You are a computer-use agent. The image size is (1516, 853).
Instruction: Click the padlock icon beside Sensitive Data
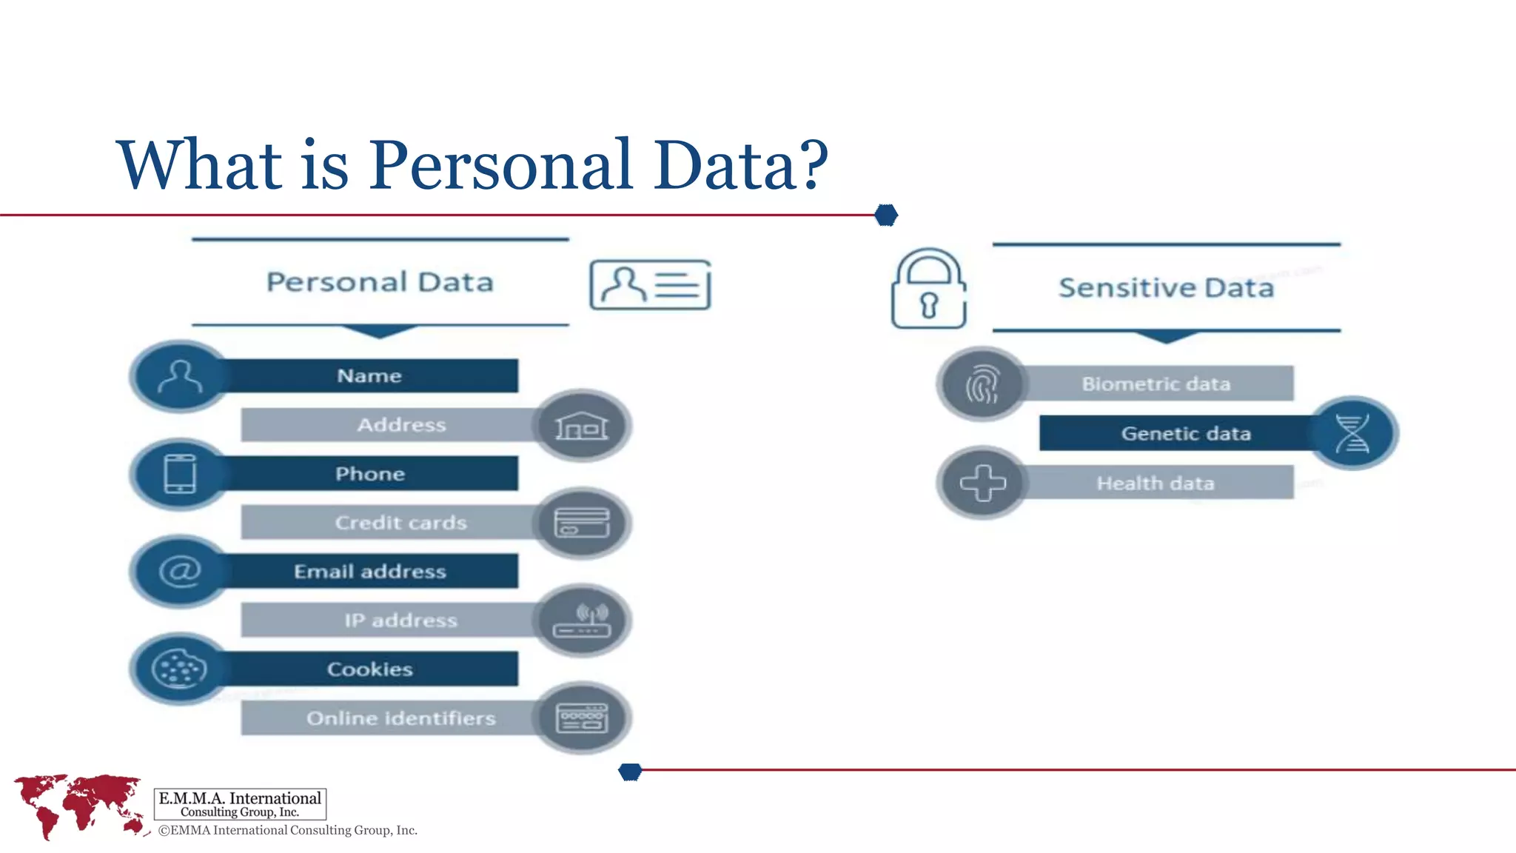(x=928, y=290)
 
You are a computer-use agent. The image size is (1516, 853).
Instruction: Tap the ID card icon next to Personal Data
(x=650, y=285)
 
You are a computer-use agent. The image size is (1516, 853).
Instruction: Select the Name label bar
(x=370, y=376)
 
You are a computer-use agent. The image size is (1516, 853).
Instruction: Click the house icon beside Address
(x=582, y=426)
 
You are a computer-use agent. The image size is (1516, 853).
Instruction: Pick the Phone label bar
(x=370, y=474)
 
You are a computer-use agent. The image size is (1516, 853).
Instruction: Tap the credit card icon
(x=582, y=523)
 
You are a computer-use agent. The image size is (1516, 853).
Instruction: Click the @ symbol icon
(x=180, y=572)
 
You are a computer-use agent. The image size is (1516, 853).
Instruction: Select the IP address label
(x=400, y=620)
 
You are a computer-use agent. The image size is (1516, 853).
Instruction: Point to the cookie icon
(x=179, y=669)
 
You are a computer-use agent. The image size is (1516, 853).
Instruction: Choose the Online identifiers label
(x=400, y=718)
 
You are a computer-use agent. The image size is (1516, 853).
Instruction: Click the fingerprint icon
(x=982, y=384)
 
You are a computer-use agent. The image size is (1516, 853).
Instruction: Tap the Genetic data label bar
(x=1184, y=434)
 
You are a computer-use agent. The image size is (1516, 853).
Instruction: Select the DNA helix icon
(x=1352, y=433)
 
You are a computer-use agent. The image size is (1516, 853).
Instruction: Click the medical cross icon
(x=982, y=483)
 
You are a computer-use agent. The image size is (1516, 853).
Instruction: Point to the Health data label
(x=1156, y=484)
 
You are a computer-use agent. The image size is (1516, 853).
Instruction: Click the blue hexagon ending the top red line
(x=886, y=215)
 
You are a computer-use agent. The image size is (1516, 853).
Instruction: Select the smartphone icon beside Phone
(x=180, y=474)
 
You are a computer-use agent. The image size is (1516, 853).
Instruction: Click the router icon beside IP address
(x=582, y=620)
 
